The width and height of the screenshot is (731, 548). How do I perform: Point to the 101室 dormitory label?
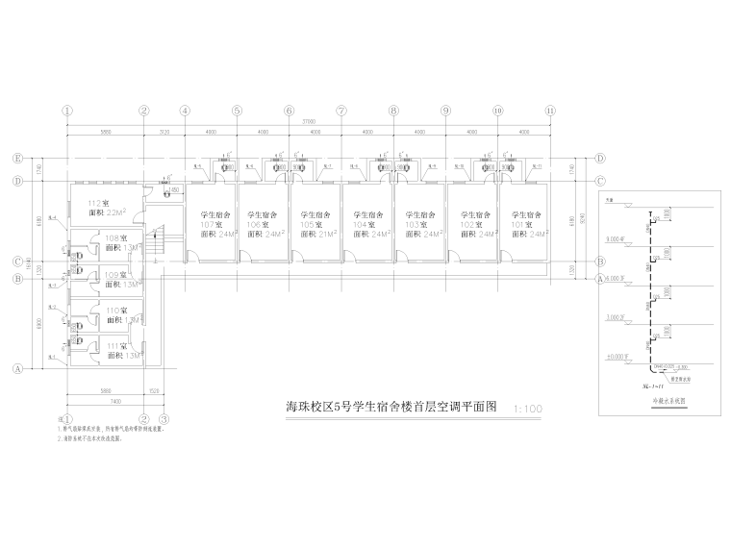pyautogui.click(x=523, y=224)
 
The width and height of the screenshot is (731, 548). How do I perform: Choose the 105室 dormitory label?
pyautogui.click(x=315, y=224)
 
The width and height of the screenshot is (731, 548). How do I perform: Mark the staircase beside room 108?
pyautogui.click(x=159, y=239)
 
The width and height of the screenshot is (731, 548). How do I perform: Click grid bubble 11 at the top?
pyautogui.click(x=550, y=111)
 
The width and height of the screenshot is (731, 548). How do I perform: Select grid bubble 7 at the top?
pyautogui.click(x=340, y=111)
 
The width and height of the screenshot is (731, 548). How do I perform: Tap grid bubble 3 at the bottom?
pyautogui.click(x=164, y=419)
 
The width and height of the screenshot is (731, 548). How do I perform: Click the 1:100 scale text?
pyautogui.click(x=529, y=409)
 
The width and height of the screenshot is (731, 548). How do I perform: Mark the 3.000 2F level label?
pyautogui.click(x=617, y=316)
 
